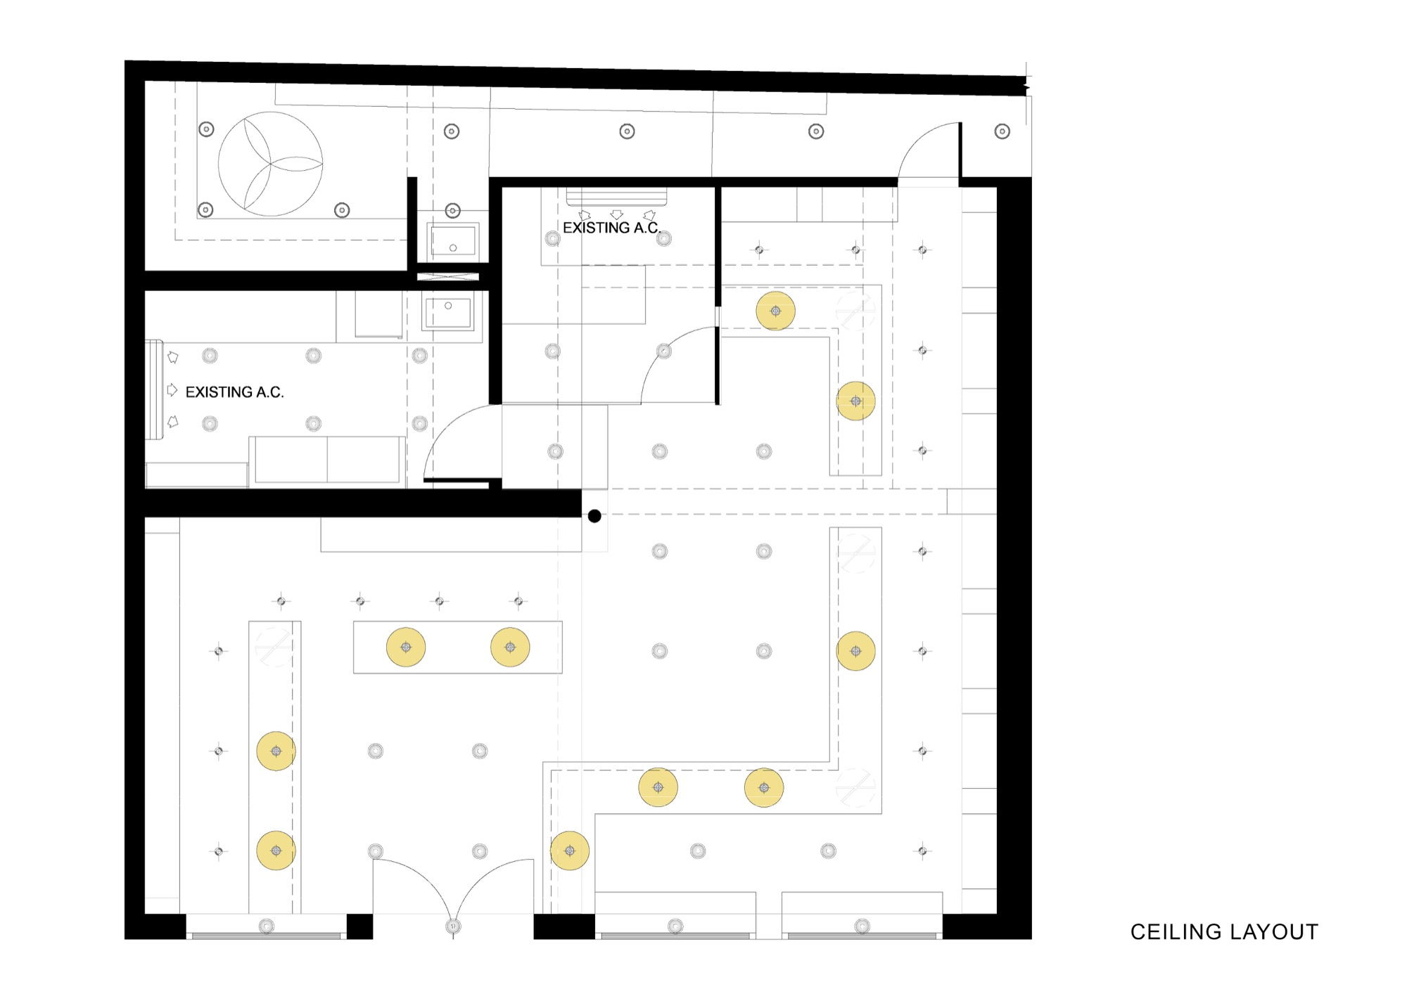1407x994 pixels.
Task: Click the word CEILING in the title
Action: (1173, 932)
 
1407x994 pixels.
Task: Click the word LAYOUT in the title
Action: (1273, 932)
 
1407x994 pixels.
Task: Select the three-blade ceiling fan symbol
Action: (271, 164)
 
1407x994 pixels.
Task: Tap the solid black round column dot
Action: (594, 516)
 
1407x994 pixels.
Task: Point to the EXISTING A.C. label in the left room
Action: (234, 392)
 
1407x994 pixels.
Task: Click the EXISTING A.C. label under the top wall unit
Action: (611, 228)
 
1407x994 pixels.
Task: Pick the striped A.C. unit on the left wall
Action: (154, 389)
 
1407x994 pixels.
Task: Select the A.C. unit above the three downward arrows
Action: (616, 198)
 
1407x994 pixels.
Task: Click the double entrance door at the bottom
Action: (453, 889)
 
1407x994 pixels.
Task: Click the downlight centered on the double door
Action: (453, 926)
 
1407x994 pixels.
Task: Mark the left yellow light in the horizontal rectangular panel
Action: (406, 647)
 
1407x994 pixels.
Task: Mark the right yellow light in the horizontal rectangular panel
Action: (510, 647)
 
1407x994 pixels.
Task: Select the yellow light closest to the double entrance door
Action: (570, 851)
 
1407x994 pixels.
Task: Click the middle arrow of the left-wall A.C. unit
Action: (172, 389)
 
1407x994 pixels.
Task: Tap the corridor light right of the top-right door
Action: (1002, 131)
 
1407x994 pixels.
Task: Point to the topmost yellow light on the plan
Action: (776, 311)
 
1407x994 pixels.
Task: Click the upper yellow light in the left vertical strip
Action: (276, 751)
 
